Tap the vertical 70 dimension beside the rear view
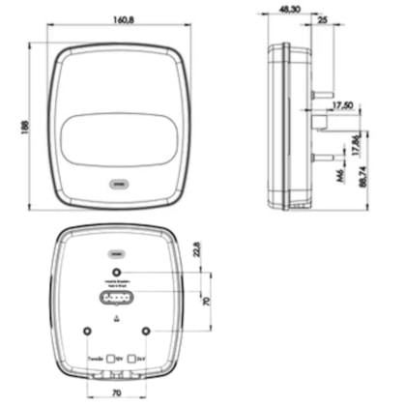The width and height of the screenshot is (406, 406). pyautogui.click(x=205, y=302)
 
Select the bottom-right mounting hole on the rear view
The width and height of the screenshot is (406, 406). pyautogui.click(x=145, y=332)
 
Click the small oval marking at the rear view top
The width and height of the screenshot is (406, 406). pyautogui.click(x=116, y=247)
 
